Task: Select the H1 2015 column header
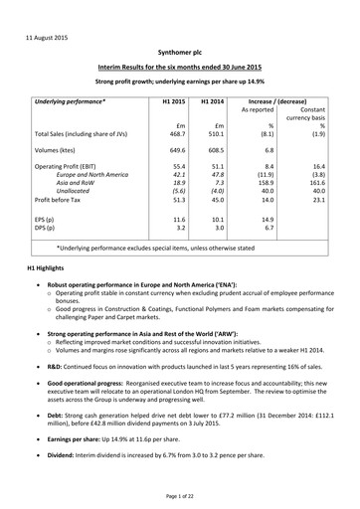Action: [x=173, y=101]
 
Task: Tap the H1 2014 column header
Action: [x=213, y=101]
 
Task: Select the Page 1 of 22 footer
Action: [x=179, y=495]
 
